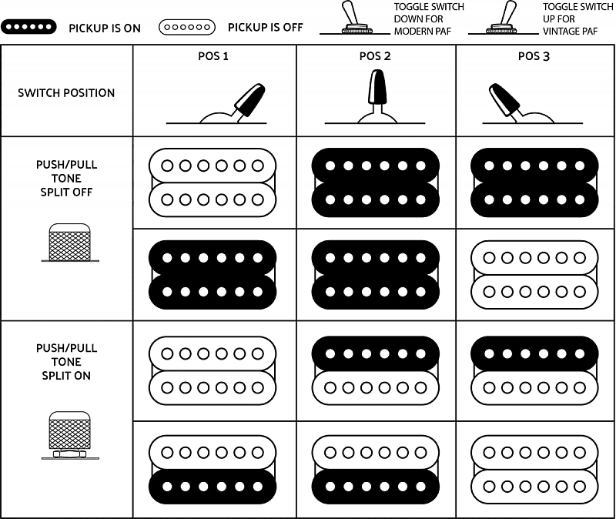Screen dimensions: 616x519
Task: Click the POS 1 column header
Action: [213, 56]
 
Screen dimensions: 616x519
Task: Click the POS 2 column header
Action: [375, 56]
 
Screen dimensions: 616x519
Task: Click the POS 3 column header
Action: [534, 56]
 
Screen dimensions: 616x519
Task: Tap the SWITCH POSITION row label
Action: [66, 93]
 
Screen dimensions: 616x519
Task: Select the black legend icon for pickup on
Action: [28, 27]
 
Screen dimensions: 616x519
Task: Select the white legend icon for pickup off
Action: [187, 27]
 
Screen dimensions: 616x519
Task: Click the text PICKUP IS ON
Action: [105, 28]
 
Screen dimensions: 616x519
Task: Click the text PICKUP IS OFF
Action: [266, 28]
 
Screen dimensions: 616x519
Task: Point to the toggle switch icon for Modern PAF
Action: [355, 18]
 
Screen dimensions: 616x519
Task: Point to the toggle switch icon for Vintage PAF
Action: [504, 18]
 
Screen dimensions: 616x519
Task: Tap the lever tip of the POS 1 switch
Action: [258, 89]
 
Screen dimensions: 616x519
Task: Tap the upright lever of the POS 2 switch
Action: [377, 87]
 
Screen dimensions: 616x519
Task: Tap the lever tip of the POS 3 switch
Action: [495, 89]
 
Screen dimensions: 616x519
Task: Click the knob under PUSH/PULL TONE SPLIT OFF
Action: [69, 242]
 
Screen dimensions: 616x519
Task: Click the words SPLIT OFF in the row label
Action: [66, 192]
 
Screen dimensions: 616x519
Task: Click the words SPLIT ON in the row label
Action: [66, 376]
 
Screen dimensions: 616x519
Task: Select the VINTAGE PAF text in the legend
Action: [570, 31]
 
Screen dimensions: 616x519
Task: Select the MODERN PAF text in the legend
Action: [423, 31]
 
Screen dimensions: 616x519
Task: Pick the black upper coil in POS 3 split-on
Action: [534, 353]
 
